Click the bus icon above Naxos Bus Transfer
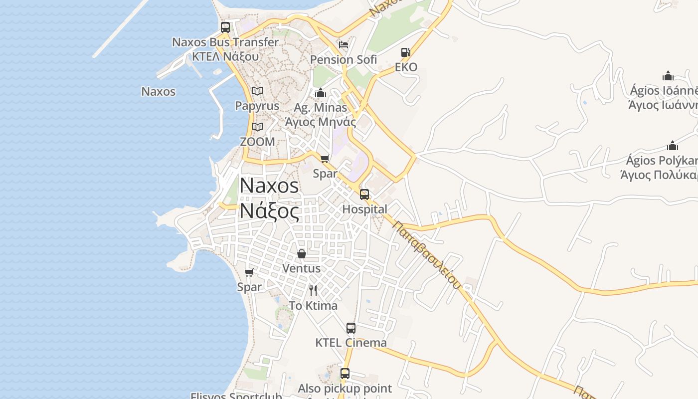coord(225,27)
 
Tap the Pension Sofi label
coord(344,60)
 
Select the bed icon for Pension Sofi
coord(344,45)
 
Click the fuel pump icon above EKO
coord(406,52)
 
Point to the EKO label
coord(406,67)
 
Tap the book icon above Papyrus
coord(257,91)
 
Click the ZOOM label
coord(257,142)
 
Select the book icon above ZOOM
coord(257,127)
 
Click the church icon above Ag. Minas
coord(321,93)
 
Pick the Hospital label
coord(364,209)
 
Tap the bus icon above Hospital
coord(364,195)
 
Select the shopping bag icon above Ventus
coord(302,254)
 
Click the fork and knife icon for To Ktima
coord(313,290)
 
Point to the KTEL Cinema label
coord(351,343)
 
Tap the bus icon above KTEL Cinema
coord(351,328)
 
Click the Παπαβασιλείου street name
coord(426,254)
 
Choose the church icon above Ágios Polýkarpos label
coord(673,146)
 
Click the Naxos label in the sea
coord(159,92)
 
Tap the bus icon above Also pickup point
coord(345,373)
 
